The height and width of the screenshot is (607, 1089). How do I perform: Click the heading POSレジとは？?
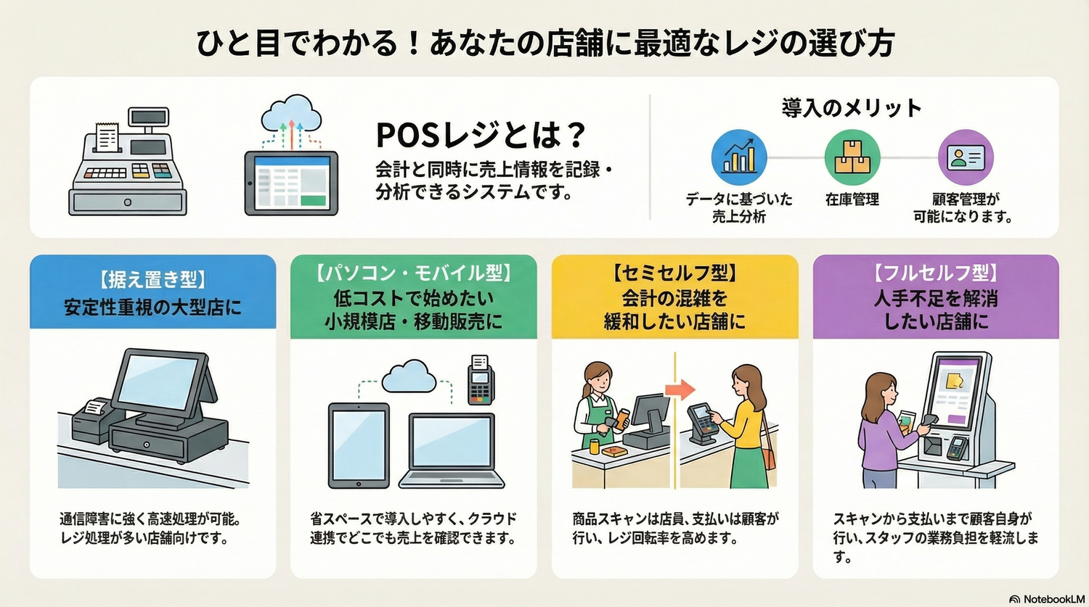[x=481, y=134]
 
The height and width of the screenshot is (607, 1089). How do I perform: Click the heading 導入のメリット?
[x=852, y=108]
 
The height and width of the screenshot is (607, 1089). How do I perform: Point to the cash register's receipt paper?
[x=107, y=136]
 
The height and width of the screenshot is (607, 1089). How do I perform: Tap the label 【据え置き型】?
[x=152, y=279]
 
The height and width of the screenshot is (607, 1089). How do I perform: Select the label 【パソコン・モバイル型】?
[x=414, y=273]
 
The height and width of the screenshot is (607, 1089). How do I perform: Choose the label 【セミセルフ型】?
[x=674, y=273]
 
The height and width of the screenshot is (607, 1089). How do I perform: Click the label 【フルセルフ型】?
[x=936, y=273]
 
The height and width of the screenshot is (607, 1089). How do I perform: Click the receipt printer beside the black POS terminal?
[x=91, y=421]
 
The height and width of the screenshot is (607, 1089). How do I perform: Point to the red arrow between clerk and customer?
[x=680, y=389]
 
